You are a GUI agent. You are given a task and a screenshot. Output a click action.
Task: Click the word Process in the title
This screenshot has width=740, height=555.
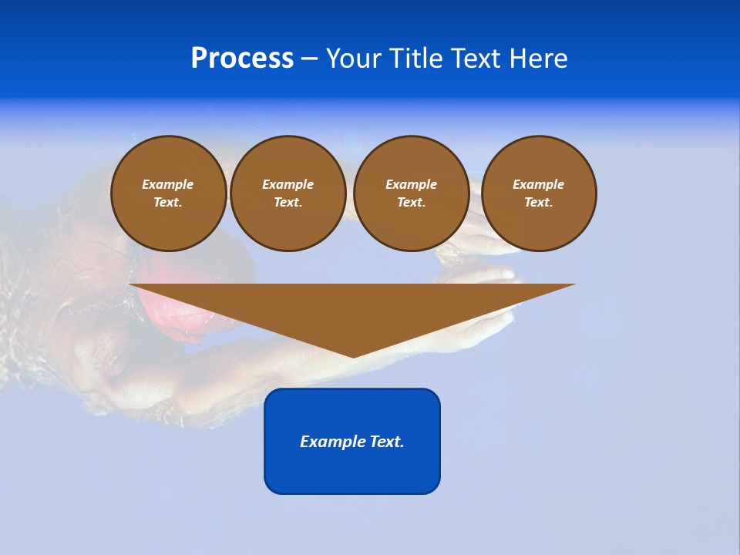[242, 59]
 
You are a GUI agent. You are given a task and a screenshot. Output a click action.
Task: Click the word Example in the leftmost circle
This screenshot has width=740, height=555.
[168, 184]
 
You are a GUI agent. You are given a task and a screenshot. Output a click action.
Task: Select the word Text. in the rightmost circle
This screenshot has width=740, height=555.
[538, 202]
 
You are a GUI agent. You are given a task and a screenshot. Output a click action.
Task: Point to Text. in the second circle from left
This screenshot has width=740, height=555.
[288, 202]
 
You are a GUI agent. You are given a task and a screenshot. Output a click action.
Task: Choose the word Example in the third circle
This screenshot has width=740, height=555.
[411, 184]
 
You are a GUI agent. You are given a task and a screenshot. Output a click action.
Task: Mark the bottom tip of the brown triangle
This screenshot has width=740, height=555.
[353, 356]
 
